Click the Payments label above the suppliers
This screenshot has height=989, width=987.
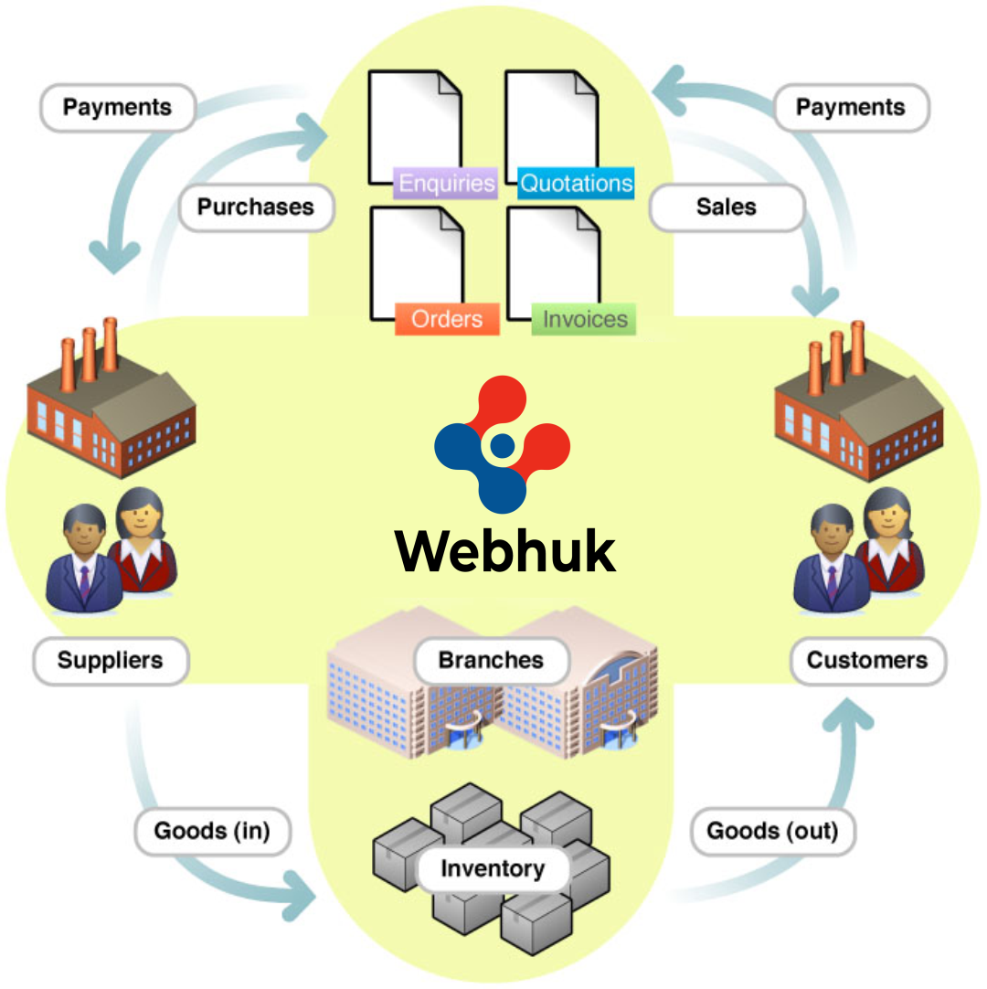[x=118, y=108]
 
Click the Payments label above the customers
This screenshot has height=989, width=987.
[x=851, y=108]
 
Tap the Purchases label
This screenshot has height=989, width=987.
[x=256, y=207]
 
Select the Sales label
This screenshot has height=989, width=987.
[x=727, y=207]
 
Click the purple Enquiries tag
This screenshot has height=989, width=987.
[x=447, y=183]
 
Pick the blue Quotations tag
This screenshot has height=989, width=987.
[x=576, y=183]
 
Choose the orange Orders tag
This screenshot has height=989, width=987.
[x=447, y=319]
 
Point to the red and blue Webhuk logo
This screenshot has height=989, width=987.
[x=502, y=445]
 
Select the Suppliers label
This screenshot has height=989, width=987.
[x=111, y=661]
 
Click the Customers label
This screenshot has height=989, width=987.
[x=867, y=661]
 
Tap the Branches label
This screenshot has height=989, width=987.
[x=491, y=661]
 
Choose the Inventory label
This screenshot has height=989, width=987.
[x=493, y=868]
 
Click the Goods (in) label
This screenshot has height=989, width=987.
[x=212, y=831]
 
